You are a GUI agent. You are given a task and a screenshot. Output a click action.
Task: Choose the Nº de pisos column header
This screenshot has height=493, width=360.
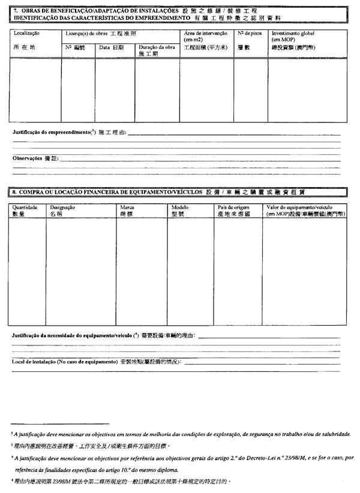(x=248, y=34)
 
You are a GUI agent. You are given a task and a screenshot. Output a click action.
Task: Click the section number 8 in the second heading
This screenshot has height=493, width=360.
(x=15, y=192)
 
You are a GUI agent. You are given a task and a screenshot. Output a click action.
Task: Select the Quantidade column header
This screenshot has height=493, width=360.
(x=25, y=206)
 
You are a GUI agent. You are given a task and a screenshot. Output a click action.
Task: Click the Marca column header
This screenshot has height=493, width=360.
(x=127, y=206)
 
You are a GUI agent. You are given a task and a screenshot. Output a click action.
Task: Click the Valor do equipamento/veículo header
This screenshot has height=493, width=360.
(x=301, y=206)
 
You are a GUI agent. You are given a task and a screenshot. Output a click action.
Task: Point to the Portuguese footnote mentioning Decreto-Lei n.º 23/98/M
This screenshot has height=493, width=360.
(x=180, y=457)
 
